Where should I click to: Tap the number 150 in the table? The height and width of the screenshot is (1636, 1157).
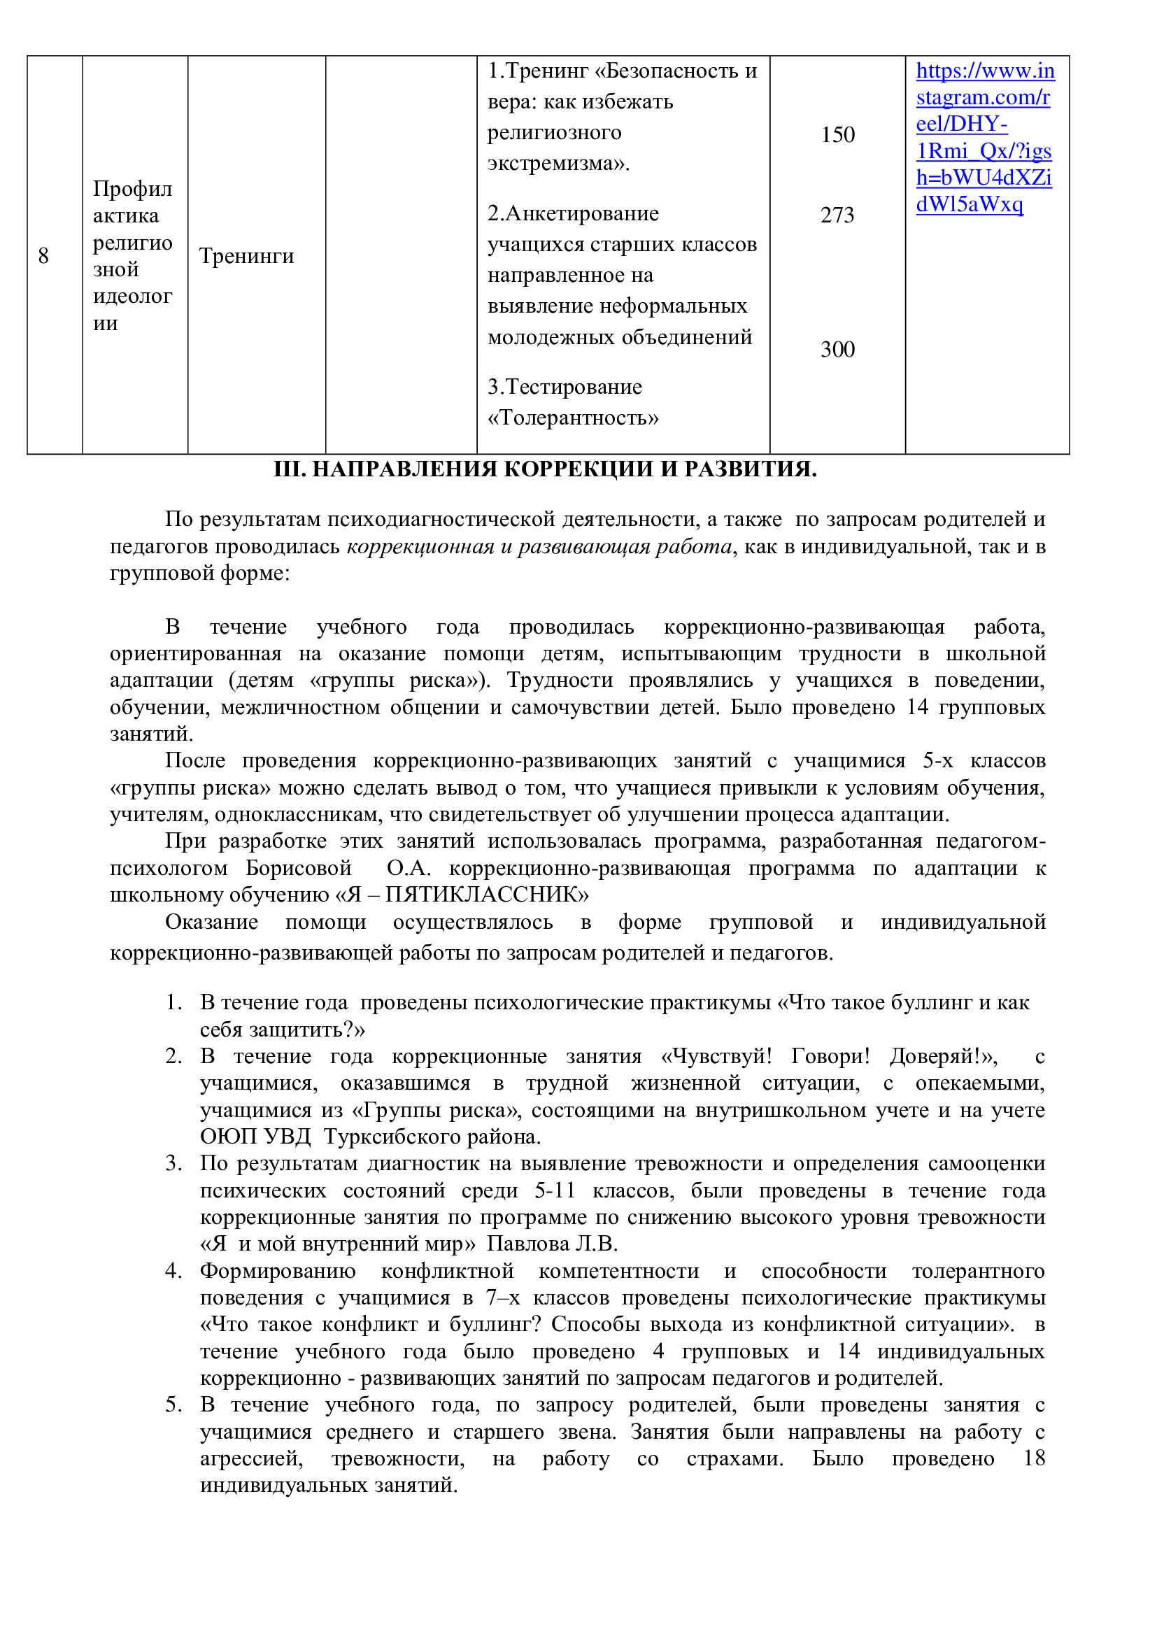coord(837,135)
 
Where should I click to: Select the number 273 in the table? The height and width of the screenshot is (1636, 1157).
coord(837,215)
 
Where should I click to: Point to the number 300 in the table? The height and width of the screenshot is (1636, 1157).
coord(837,349)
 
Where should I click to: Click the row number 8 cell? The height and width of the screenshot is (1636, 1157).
coord(43,256)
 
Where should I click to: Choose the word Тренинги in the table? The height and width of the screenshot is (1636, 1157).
coord(246,256)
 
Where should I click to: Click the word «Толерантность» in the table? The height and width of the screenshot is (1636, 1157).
coord(573,418)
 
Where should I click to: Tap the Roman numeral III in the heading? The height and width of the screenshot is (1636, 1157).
coord(287,469)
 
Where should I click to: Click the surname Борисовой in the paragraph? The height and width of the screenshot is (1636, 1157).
coord(299,869)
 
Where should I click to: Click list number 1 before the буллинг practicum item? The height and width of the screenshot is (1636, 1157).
coord(173,1003)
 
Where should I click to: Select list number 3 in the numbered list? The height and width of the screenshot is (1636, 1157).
coord(173,1164)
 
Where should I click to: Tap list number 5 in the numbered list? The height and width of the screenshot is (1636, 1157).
coord(173,1404)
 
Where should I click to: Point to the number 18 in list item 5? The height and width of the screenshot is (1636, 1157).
coord(1034,1458)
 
